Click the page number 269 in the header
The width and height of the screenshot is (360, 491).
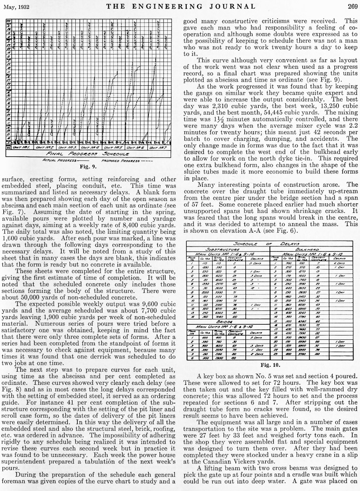[350, 6]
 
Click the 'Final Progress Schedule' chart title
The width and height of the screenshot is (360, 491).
[92, 154]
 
